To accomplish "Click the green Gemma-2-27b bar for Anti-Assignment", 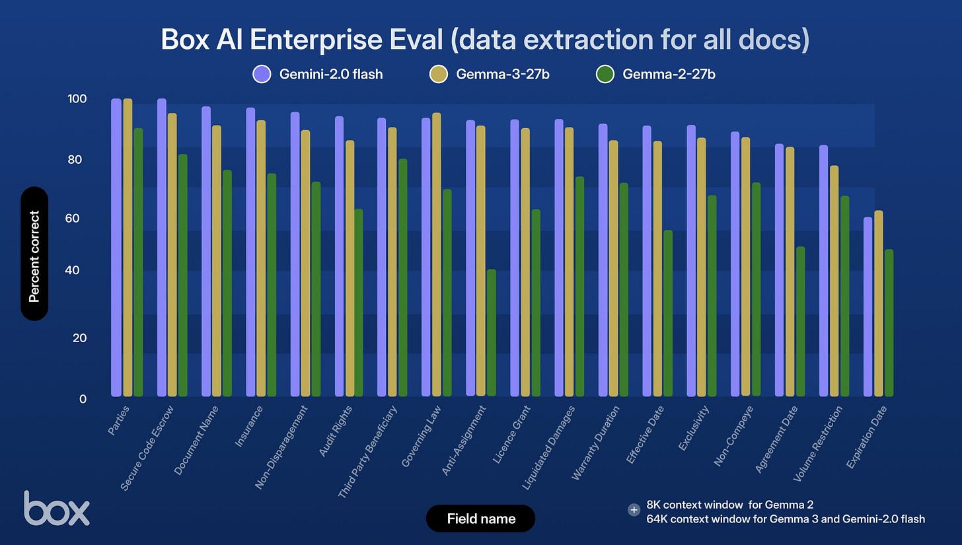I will click(491, 333).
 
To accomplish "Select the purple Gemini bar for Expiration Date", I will click(868, 307).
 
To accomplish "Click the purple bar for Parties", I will click(116, 248).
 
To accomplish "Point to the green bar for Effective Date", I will click(668, 314).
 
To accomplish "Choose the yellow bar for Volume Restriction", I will click(834, 281).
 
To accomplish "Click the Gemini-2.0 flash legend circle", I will click(262, 74).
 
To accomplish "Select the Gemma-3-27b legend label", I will click(503, 74).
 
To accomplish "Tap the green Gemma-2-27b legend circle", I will click(605, 74).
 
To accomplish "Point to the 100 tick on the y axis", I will click(77, 99).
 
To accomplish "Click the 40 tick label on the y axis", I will click(77, 270).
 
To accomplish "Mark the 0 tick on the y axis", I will click(82, 398).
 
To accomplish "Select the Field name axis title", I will click(481, 519).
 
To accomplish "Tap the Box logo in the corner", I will click(56, 508).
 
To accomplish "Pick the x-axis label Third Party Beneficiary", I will click(368, 453).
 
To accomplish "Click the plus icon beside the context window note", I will click(634, 509).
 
